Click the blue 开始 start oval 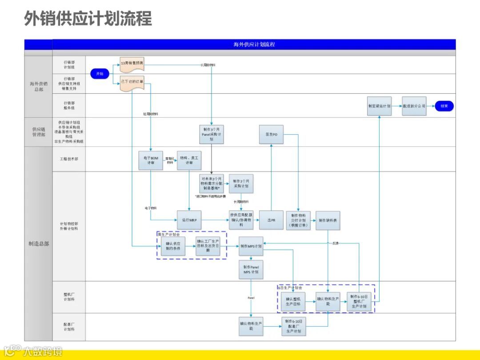100,74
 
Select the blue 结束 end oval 444,106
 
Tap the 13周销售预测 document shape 132,64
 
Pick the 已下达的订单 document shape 132,83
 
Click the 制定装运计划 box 379,106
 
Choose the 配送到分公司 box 414,106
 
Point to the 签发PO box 271,134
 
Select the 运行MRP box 189,220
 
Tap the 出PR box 271,220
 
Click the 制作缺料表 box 328,220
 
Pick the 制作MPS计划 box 251,246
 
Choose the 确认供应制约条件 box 173,246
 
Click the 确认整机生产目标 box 293,301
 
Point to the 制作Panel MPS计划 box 251,269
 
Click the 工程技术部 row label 69,159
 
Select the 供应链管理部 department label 38,132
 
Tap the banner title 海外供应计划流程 254,44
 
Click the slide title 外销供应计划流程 88,19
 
